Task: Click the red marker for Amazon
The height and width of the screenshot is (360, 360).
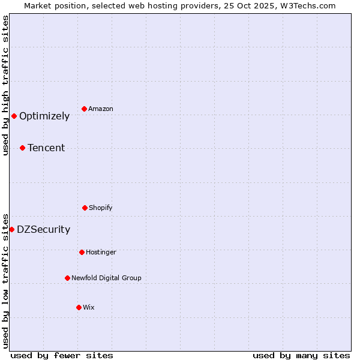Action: point(84,109)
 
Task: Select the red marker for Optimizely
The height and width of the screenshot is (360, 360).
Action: point(14,116)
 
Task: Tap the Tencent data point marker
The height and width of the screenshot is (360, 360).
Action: point(22,148)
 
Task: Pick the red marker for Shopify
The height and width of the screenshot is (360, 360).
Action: point(85,208)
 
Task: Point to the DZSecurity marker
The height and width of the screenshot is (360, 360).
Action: point(11,229)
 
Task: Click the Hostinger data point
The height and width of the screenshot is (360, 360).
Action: point(82,252)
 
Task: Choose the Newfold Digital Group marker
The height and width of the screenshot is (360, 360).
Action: point(67,278)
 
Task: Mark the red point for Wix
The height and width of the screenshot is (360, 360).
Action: point(79,307)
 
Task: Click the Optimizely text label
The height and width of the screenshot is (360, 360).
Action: point(44,116)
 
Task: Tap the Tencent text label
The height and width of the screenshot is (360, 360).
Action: point(46,148)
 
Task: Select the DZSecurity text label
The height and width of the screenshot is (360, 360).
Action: point(43,230)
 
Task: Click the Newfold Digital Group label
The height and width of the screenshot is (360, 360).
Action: point(106,278)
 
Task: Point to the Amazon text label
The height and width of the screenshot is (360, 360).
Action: point(101,109)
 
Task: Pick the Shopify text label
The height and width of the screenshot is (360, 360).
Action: point(101,208)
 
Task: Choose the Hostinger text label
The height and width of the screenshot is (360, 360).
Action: point(101,252)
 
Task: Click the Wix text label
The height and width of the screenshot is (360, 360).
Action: point(89,307)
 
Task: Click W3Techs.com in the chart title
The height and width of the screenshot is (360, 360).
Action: point(311,5)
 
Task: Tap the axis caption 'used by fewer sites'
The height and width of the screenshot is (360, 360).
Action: point(62,355)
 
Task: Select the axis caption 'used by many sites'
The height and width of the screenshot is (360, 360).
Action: point(301,355)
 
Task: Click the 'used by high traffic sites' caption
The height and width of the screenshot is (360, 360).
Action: point(5,85)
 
